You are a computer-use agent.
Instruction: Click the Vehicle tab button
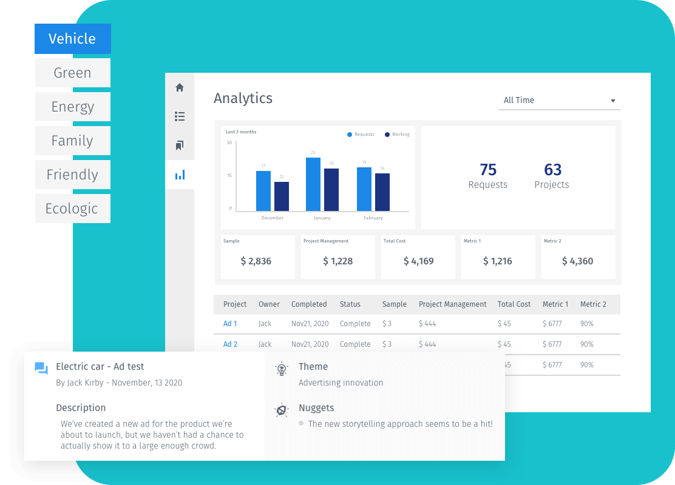coord(73,39)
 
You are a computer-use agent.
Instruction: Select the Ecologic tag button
coord(73,209)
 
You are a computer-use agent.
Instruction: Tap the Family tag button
coord(73,141)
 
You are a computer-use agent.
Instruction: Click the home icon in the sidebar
coord(180,87)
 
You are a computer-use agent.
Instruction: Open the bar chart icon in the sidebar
coord(180,175)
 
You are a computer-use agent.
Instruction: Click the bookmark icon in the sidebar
coord(180,145)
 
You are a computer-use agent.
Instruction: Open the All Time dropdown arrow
coord(613,101)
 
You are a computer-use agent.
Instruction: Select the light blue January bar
coord(313,184)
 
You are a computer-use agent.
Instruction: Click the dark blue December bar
coord(282,196)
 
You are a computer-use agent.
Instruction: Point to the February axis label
coord(373,218)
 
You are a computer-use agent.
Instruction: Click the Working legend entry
coord(398,135)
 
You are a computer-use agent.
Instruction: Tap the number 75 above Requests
coord(488,170)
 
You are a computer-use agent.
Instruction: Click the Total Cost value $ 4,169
coord(418,261)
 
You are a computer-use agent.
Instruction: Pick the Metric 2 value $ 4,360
coord(578,261)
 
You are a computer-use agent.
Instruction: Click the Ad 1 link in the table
coord(230,324)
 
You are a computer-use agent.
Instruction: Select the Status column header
coord(350,304)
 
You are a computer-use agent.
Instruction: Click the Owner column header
coord(269,304)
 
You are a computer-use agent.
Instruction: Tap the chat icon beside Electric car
coord(41,368)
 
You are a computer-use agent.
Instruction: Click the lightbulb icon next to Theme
coord(282,369)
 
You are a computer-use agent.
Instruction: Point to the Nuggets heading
coord(316,408)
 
